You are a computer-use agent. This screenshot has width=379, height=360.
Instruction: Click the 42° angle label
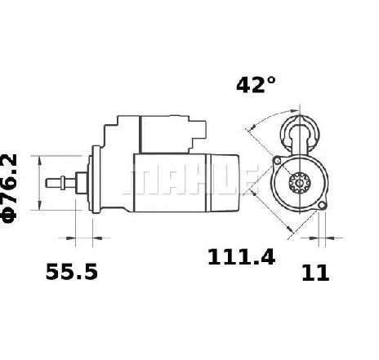click(x=256, y=85)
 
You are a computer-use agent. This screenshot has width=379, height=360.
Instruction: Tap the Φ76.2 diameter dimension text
click(x=9, y=188)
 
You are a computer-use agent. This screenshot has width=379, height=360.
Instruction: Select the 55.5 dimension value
click(x=72, y=272)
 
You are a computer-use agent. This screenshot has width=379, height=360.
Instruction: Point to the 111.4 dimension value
click(x=241, y=257)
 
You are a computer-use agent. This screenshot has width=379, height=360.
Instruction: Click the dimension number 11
click(x=315, y=273)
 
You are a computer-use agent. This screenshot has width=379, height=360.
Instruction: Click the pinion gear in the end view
click(x=300, y=183)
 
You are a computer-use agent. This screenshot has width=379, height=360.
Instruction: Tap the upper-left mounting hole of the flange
click(x=277, y=161)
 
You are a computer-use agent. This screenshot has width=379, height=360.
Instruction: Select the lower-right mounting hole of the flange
click(x=322, y=206)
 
